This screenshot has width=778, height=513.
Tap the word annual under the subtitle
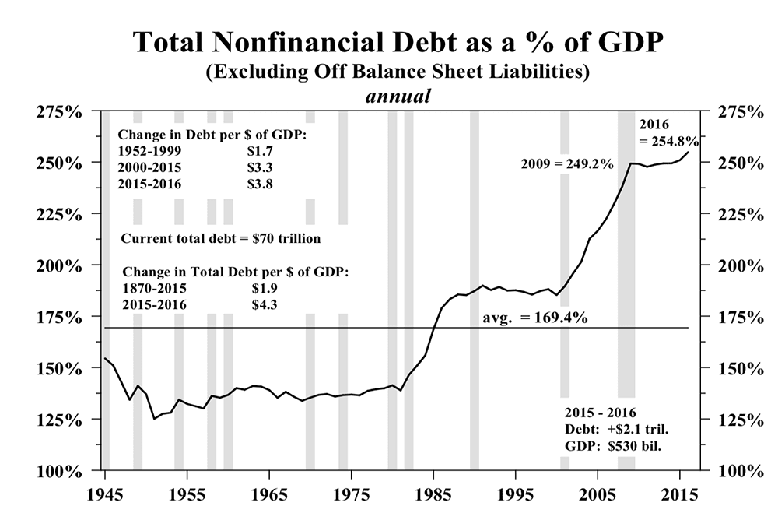tap(398, 97)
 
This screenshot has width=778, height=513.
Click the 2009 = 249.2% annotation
tap(567, 164)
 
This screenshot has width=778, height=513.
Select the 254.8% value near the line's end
tap(669, 142)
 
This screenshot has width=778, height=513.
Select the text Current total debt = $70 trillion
tap(222, 237)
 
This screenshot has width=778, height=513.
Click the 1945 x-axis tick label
tap(105, 495)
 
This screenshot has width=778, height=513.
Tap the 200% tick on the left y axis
tap(60, 265)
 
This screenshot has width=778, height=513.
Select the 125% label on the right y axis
tap(731, 420)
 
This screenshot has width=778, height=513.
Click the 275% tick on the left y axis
tap(60, 111)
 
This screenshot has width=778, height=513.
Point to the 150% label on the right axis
tap(731, 368)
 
